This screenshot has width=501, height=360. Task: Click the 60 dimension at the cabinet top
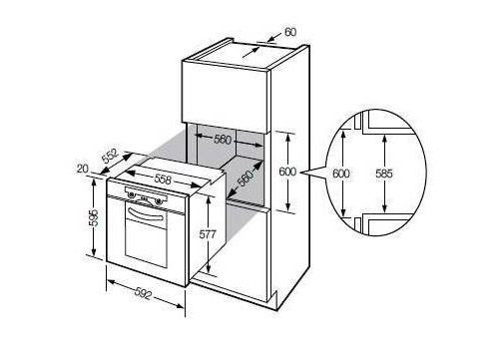290,32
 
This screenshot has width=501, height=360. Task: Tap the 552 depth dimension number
110,157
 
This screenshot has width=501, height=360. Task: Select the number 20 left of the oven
83,169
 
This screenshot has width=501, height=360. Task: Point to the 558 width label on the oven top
163,180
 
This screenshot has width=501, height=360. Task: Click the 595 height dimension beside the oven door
94,217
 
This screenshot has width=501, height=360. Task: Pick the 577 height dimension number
208,234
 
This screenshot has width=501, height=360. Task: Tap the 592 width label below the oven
144,294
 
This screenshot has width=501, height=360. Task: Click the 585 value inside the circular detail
384,174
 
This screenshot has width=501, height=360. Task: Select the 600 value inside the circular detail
341,174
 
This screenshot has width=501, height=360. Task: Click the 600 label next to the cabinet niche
287,172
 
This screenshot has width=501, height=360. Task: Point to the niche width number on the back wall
223,139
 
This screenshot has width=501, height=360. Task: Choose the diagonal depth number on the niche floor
247,179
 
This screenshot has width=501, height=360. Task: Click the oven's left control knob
132,195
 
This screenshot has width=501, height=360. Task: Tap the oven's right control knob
159,200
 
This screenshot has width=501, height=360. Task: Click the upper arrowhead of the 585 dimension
384,138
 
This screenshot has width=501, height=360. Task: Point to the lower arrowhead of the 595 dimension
94,252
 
